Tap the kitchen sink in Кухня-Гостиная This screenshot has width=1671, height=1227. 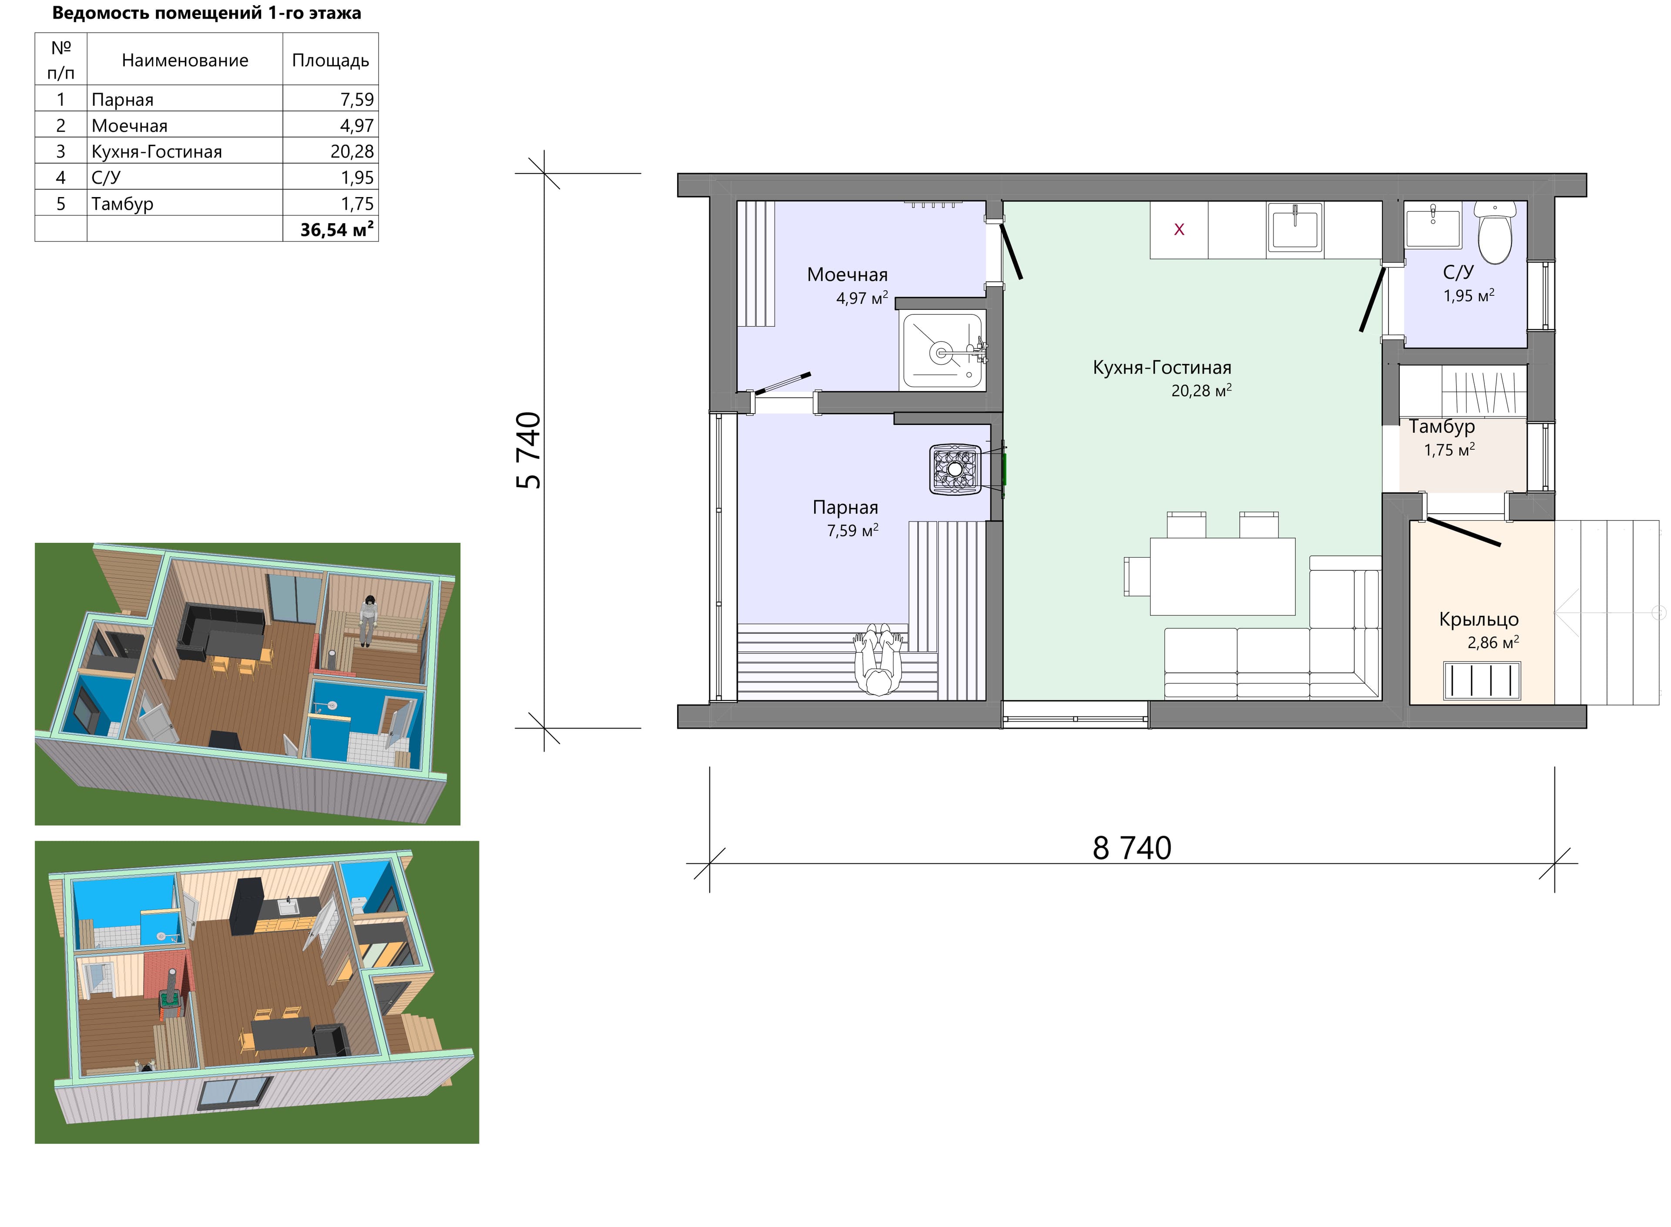[x=1296, y=227]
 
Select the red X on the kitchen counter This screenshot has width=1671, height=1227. [x=1179, y=230]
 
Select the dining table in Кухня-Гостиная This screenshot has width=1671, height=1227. [x=1222, y=576]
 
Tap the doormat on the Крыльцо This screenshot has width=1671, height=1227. [x=1482, y=681]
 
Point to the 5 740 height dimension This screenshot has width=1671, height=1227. [x=529, y=450]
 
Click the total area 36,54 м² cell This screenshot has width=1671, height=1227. [x=336, y=230]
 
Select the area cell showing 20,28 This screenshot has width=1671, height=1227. [x=352, y=151]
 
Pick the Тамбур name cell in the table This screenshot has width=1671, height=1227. [x=123, y=204]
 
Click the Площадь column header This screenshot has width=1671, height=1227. [x=331, y=60]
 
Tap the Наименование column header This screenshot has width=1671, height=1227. [x=185, y=60]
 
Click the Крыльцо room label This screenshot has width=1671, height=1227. [x=1479, y=619]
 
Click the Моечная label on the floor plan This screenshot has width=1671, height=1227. [x=847, y=275]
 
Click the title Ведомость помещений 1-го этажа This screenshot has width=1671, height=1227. [x=207, y=13]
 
